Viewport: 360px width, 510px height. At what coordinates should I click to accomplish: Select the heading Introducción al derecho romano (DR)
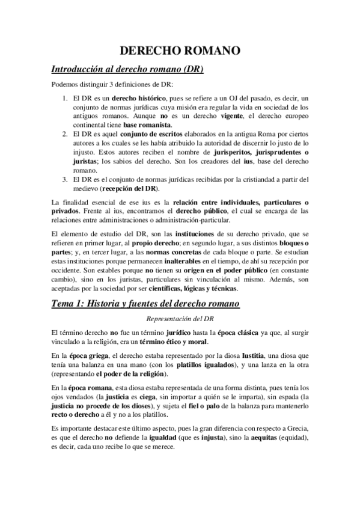pos(127,69)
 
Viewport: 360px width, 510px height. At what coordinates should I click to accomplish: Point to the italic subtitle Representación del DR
pos(180,319)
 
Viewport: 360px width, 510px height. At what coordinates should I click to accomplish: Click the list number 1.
pos(65,98)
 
